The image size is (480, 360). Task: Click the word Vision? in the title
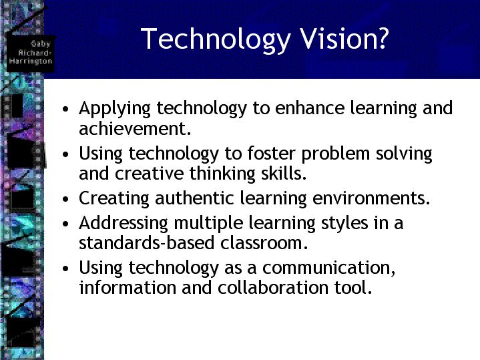pos(344,38)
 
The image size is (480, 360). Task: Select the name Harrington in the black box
pos(31,61)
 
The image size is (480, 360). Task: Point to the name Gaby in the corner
pos(40,43)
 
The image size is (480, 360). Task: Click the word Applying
pos(114,110)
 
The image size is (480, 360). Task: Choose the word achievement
pos(135,128)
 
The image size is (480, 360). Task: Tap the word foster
pos(271,153)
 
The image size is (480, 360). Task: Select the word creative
pos(149,174)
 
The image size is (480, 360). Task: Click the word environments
pos(371,198)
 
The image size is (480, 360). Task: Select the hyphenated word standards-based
pos(146,242)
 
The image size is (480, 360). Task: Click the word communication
pos(328,268)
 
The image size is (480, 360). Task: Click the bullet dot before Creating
pos(65,199)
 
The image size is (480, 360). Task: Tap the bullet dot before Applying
pos(65,109)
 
